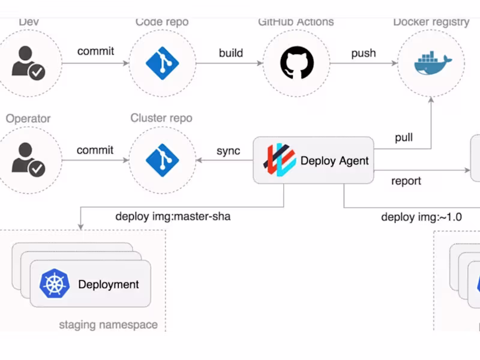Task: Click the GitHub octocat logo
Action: tap(296, 62)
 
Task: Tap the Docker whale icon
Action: tap(431, 62)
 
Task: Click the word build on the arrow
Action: tap(230, 53)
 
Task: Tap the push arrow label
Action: tap(364, 53)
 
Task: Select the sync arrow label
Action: tap(228, 151)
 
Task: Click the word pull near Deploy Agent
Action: tap(403, 138)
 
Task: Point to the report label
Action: tap(406, 181)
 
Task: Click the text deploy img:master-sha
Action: tap(173, 217)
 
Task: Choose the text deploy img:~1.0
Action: tap(421, 217)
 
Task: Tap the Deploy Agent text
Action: tap(334, 160)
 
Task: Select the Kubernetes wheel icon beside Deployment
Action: tap(55, 284)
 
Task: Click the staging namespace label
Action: tap(108, 325)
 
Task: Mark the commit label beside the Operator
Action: tap(95, 150)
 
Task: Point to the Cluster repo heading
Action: tap(161, 118)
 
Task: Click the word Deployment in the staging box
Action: tap(109, 284)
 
